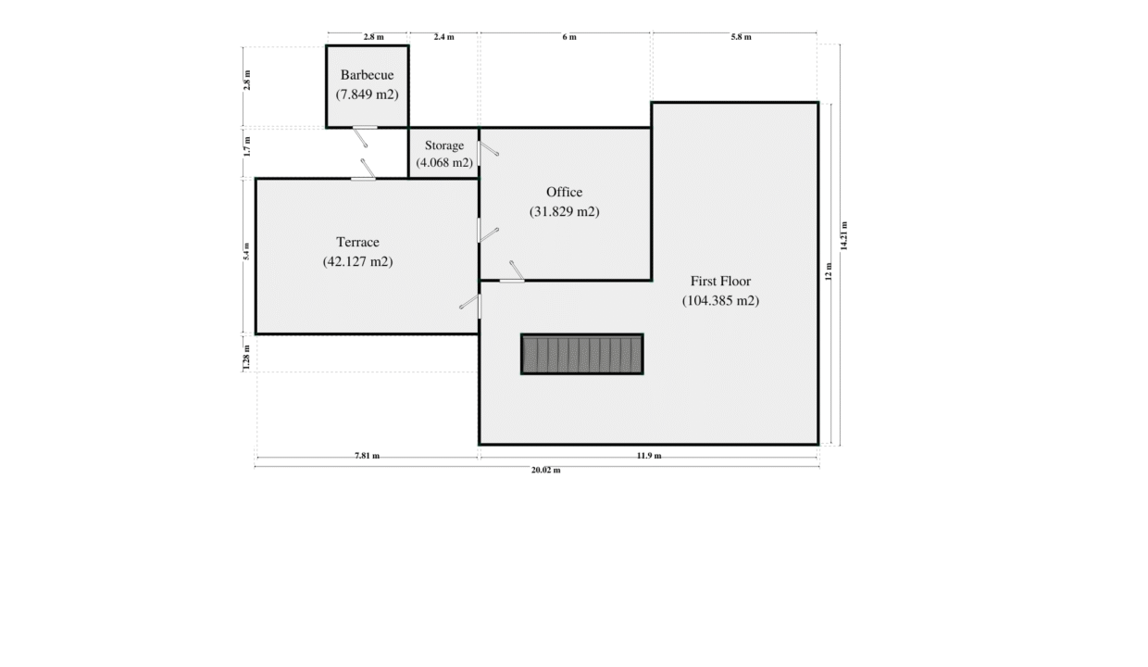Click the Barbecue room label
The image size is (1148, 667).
pos(367,75)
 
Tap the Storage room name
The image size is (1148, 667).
pos(444,145)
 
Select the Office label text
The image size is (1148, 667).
pos(564,193)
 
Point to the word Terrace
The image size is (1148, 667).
pos(357,242)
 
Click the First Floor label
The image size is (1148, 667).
pos(720,281)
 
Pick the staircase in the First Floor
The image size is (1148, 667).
pos(582,354)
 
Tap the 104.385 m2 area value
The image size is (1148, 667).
pos(720,300)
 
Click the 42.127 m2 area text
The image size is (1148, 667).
pos(357,261)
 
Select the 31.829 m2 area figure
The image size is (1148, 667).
pos(564,212)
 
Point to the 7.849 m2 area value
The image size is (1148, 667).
pos(367,94)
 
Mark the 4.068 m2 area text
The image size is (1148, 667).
pos(444,162)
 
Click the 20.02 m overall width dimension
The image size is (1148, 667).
pos(546,470)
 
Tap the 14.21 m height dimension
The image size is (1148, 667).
pos(844,236)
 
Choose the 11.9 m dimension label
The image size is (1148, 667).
pos(649,456)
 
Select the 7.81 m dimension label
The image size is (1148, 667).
pos(367,456)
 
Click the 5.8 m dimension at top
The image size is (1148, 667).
pos(741,37)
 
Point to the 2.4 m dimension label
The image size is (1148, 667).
pos(443,37)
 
